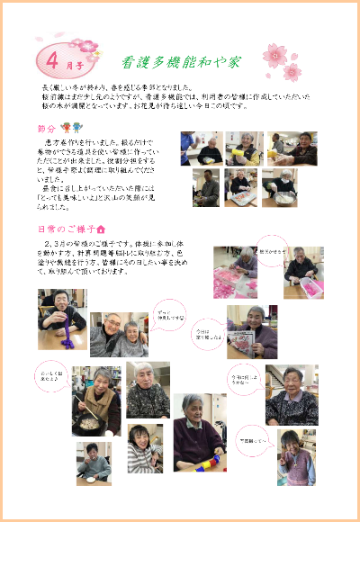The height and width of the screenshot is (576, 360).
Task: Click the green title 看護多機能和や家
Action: click(x=182, y=63)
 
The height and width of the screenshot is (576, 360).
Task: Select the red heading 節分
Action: click(x=47, y=129)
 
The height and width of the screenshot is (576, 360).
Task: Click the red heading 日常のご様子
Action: click(x=65, y=229)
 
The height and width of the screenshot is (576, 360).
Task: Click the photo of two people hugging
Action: click(x=118, y=335)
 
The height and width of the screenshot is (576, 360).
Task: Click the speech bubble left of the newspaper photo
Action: click(x=208, y=334)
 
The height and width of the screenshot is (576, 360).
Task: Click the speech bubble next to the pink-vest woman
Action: click(x=255, y=441)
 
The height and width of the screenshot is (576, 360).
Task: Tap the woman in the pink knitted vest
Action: click(x=296, y=459)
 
